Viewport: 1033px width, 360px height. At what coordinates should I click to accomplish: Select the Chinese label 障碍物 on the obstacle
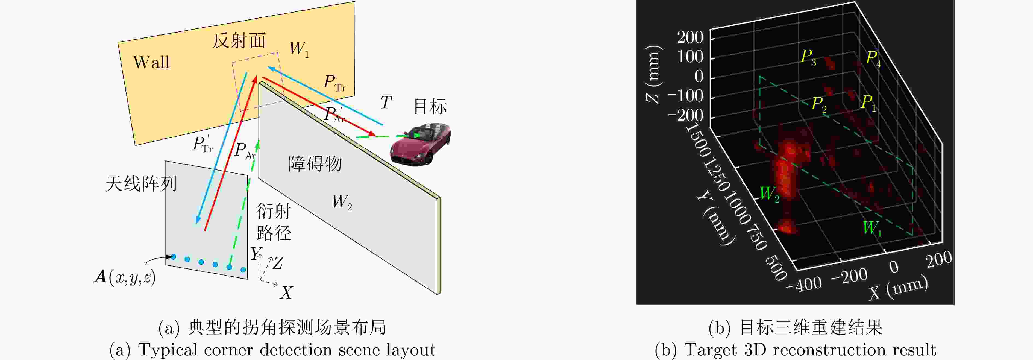pyautogui.click(x=315, y=163)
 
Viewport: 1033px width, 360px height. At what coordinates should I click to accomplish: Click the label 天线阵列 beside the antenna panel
pyautogui.click(x=141, y=184)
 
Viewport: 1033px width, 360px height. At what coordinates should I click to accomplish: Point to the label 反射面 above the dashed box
pyautogui.click(x=239, y=40)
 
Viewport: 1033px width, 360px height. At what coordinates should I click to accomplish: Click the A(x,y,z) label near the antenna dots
pyautogui.click(x=125, y=277)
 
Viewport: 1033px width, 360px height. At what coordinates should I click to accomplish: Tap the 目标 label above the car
pyautogui.click(x=430, y=107)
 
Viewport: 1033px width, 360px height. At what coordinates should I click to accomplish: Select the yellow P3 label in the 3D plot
pyautogui.click(x=808, y=57)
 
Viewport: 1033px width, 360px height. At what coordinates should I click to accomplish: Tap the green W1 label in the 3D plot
pyautogui.click(x=872, y=229)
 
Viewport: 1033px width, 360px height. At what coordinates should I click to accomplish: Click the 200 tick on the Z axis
pyautogui.click(x=690, y=37)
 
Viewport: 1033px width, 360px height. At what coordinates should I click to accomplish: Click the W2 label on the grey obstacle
pyautogui.click(x=342, y=202)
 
